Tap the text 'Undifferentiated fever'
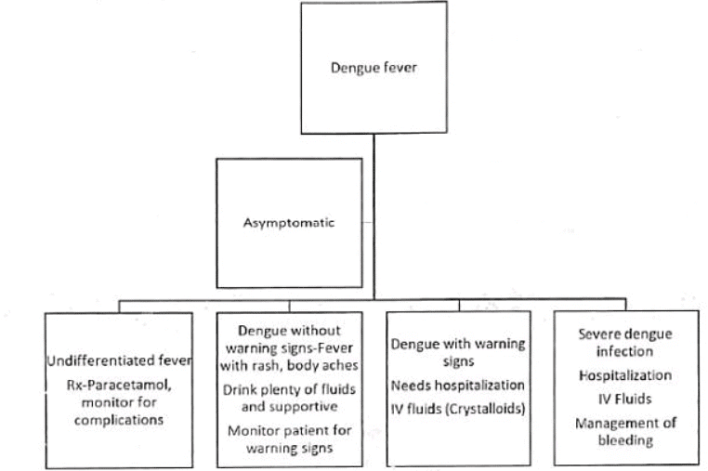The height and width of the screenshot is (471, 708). (x=119, y=360)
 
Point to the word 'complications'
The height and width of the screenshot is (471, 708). (x=119, y=419)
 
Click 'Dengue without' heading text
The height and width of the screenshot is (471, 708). (x=290, y=329)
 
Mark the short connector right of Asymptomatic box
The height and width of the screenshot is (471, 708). (x=367, y=223)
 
